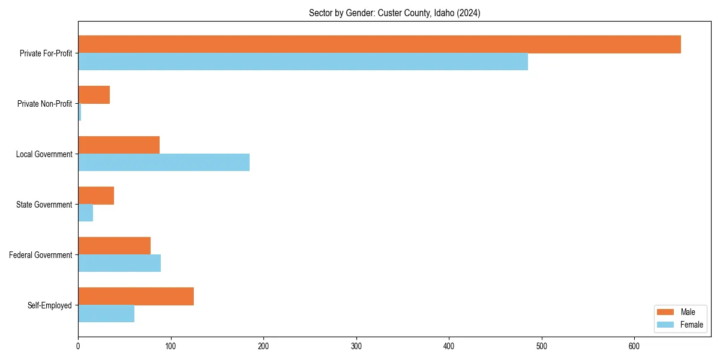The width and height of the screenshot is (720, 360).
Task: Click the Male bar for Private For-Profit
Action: pyautogui.click(x=379, y=44)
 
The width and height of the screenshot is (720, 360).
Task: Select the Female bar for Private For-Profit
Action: pyautogui.click(x=303, y=62)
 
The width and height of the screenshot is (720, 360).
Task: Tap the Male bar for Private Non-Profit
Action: pyautogui.click(x=94, y=95)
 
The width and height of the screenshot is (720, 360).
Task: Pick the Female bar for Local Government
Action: pyautogui.click(x=164, y=163)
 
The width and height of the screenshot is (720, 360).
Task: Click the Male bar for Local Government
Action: pyautogui.click(x=119, y=145)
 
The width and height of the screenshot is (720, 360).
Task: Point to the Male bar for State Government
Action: pyautogui.click(x=96, y=196)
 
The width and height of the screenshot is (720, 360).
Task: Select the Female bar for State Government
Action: pyautogui.click(x=86, y=213)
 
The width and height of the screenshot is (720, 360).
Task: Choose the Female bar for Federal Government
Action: pyautogui.click(x=119, y=263)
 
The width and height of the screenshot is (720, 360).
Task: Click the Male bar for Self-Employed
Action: pyautogui.click(x=136, y=296)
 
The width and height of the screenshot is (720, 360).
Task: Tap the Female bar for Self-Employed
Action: pyautogui.click(x=106, y=314)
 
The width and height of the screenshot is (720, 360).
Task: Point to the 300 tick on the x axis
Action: pyautogui.click(x=356, y=346)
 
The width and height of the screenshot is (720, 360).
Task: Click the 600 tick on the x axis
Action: pyautogui.click(x=634, y=346)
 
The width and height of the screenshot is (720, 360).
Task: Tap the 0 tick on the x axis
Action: pyautogui.click(x=78, y=346)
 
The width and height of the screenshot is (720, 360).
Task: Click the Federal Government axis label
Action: pyautogui.click(x=41, y=255)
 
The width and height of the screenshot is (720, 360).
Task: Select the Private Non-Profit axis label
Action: pyautogui.click(x=44, y=104)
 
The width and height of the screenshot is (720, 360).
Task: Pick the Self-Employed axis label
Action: pyautogui.click(x=50, y=305)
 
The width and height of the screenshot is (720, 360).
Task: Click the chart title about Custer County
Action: pyautogui.click(x=394, y=13)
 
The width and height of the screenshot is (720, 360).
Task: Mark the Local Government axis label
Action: pyautogui.click(x=44, y=154)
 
